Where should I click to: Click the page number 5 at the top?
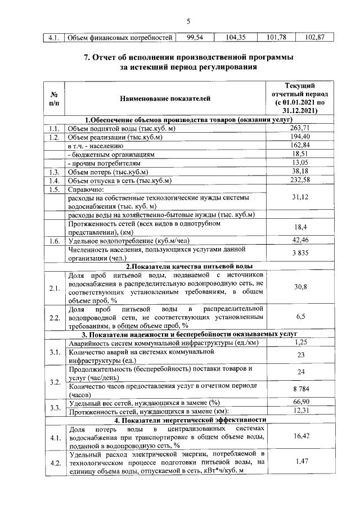(188, 21)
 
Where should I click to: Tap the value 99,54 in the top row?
(193, 38)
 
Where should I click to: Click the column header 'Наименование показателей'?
(165, 99)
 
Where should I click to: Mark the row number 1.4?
(54, 181)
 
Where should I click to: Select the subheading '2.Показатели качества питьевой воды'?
(188, 267)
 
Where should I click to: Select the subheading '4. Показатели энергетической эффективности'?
(188, 420)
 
